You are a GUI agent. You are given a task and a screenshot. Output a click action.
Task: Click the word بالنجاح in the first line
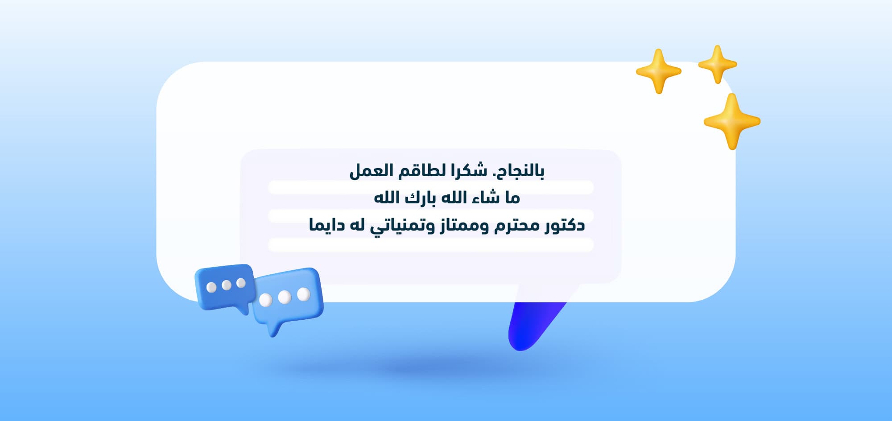coord(519,171)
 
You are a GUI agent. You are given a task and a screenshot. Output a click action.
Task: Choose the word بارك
coord(420,198)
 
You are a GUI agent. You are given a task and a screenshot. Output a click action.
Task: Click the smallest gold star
coord(717,64)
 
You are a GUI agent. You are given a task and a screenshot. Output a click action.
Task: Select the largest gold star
coord(731,121)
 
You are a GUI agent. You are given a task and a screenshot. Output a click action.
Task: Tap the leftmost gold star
coord(658,71)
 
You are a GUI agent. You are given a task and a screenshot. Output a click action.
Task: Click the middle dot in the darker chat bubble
coord(227,285)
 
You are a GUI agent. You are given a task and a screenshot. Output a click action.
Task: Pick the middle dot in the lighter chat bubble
coord(285,297)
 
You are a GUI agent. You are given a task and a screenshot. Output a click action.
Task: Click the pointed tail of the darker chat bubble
coord(244,310)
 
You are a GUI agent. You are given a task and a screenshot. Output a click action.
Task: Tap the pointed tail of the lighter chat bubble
coord(273,332)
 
